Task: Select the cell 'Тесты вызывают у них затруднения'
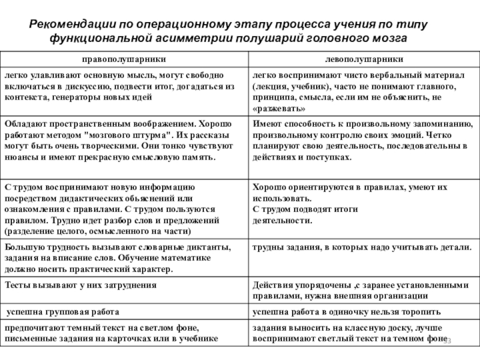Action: (x=80, y=286)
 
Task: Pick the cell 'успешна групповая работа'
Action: (x=62, y=312)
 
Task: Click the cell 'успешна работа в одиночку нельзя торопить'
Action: (x=347, y=312)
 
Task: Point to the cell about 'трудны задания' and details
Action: (x=362, y=247)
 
